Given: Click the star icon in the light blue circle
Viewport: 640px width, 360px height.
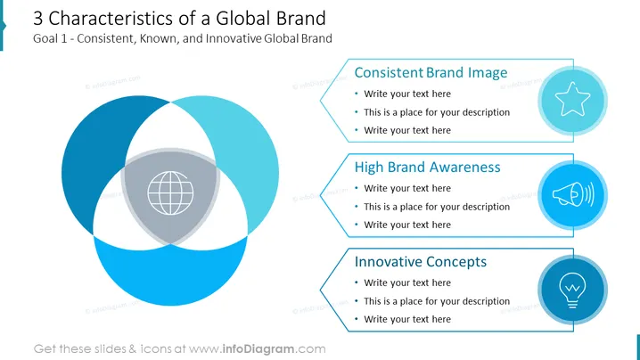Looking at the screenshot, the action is [572, 99].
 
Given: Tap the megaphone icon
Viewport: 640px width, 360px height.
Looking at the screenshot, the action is [573, 194].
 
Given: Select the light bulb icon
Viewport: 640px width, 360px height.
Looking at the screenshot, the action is [572, 290].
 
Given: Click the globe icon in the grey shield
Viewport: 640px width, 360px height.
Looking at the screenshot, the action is [170, 193].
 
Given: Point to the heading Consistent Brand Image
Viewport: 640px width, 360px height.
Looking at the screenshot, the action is [431, 73].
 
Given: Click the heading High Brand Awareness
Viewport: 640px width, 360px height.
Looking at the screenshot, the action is [427, 167].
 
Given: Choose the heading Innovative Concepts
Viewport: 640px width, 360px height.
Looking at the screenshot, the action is [421, 262].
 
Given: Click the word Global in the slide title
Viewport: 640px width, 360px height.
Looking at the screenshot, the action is [243, 19].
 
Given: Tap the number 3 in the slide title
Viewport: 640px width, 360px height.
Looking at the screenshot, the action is [37, 19].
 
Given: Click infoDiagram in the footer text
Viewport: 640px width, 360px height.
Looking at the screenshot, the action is [258, 349].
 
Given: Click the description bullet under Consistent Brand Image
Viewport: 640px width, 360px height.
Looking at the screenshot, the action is [437, 112].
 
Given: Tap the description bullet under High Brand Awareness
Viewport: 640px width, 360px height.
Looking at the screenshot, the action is [437, 207].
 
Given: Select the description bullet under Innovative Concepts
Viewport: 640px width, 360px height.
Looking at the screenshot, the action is [437, 301].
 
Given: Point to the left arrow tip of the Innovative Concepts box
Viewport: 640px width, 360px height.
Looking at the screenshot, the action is [320, 290].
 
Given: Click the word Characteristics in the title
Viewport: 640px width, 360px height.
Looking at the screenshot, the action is [111, 19].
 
